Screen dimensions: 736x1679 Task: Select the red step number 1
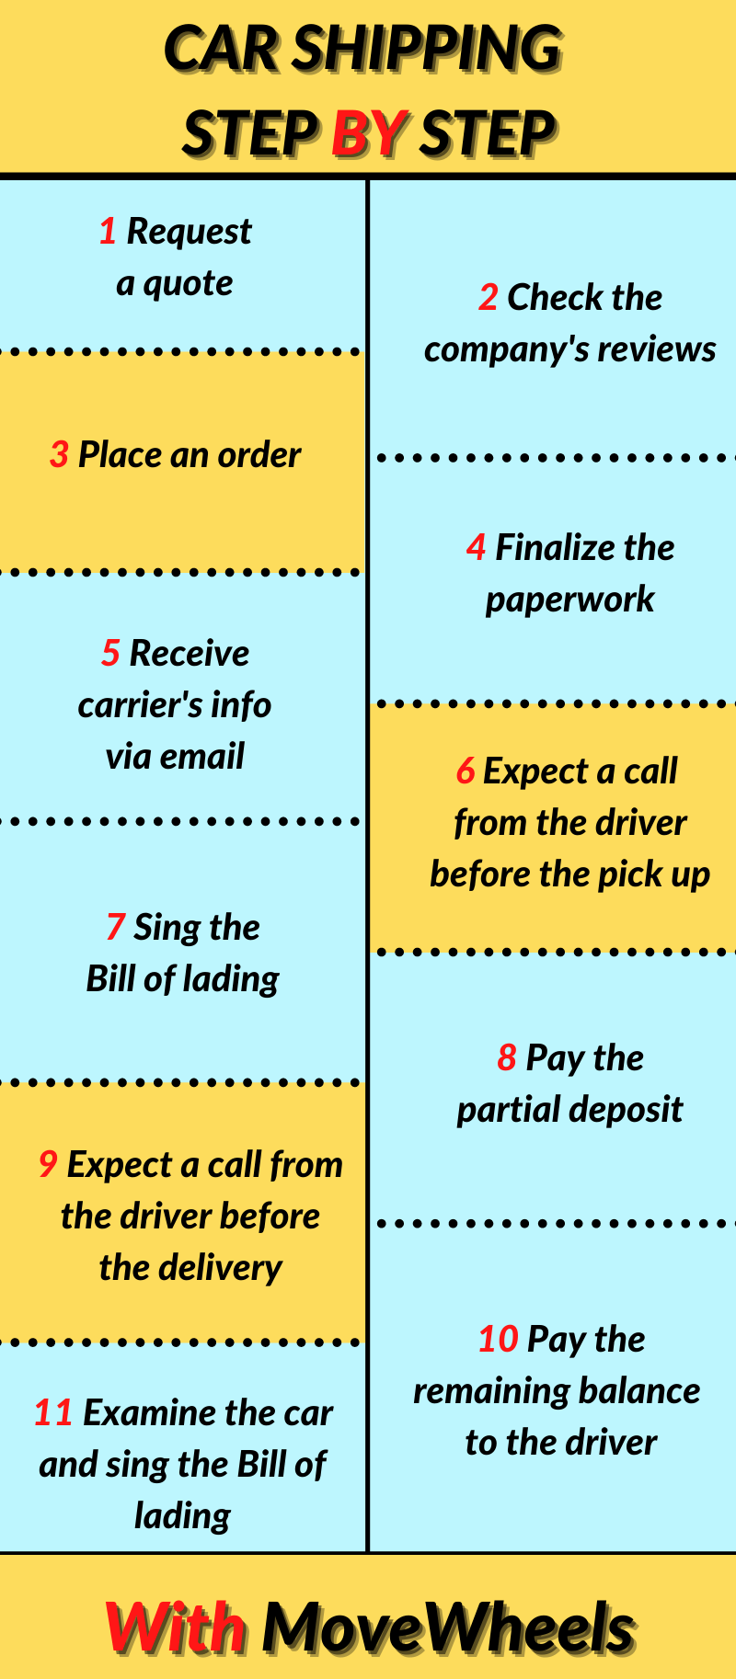coord(108,232)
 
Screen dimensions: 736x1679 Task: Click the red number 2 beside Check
coord(489,298)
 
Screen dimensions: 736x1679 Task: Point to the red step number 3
coord(59,455)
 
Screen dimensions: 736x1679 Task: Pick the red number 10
coord(499,1340)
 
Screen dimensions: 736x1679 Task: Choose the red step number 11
coord(53,1413)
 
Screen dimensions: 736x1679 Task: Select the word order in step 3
coord(260,455)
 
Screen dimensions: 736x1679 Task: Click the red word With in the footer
coord(176,1627)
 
